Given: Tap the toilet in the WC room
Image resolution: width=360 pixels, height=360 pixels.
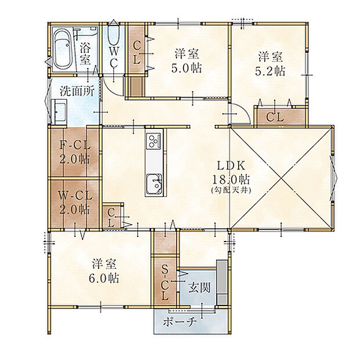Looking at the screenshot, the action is tap(113, 34).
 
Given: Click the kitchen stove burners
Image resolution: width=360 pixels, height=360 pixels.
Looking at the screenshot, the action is tap(154, 141).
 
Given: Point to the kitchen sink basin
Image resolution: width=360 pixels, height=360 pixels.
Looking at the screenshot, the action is tap(154, 183).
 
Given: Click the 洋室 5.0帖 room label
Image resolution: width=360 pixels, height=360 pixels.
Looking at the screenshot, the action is tap(186, 61).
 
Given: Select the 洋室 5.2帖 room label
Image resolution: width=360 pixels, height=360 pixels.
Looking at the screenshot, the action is tap(270, 64).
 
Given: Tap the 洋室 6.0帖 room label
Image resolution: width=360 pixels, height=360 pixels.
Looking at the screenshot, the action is tap(104, 271).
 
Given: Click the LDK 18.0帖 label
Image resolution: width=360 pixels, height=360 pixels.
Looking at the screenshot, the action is tap(231, 172).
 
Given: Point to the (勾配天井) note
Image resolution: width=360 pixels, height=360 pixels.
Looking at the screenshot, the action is tap(231, 190).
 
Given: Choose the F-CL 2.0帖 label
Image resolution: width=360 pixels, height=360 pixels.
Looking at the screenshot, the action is tap(75, 152).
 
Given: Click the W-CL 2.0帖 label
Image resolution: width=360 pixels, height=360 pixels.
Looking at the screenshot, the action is tap(75, 203).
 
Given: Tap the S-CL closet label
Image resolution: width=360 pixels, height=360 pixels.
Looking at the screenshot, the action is tap(164, 282).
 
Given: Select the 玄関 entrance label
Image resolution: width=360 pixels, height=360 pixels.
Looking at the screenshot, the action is tap(199, 288).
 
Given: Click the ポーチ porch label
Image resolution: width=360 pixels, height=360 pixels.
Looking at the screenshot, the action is tap(180, 322).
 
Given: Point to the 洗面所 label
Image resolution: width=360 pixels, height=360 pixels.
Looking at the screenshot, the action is tap(77, 91).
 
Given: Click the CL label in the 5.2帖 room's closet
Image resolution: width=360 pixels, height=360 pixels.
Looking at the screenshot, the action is tap(275, 117).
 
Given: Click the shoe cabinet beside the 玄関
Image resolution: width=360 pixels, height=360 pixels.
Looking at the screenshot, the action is tap(222, 282).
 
